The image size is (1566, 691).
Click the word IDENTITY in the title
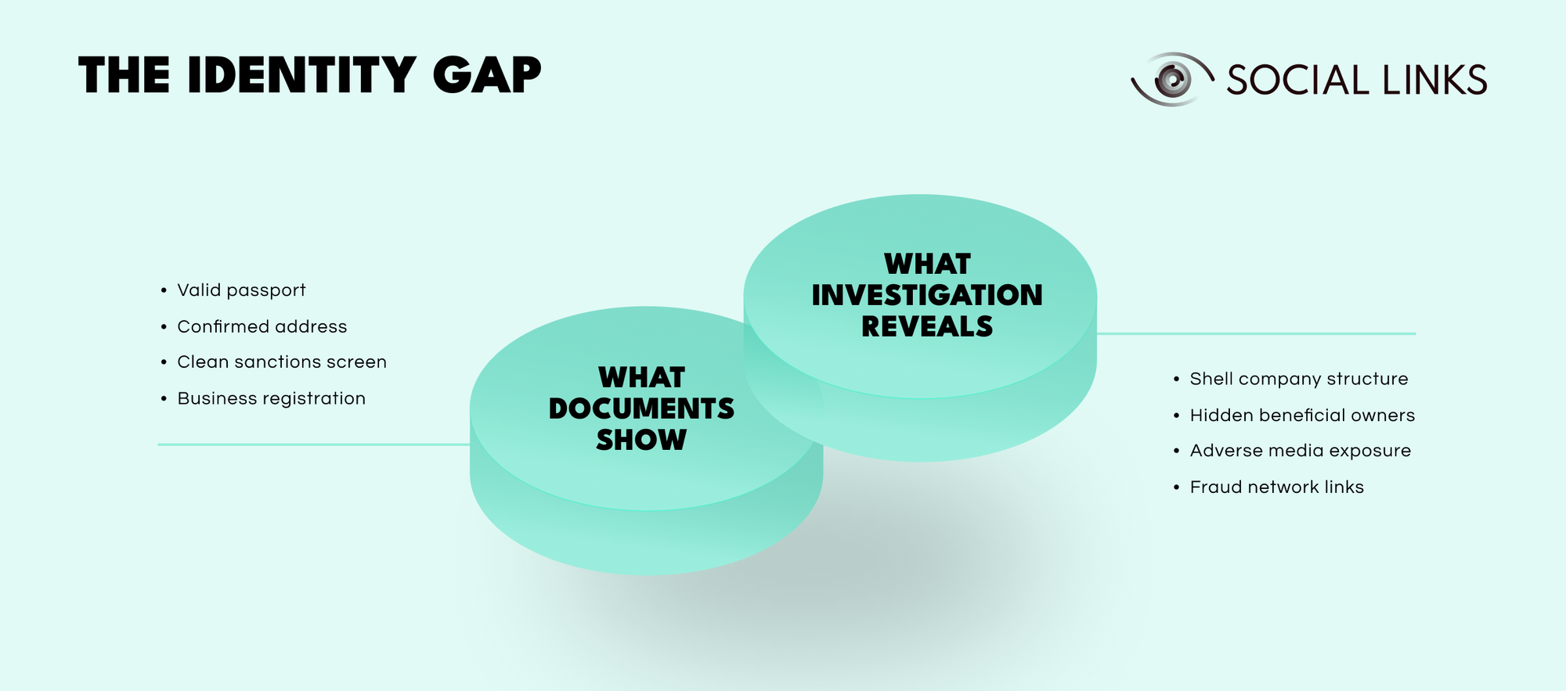[301, 76]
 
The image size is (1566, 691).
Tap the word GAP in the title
[486, 76]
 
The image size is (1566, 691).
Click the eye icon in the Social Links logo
[1171, 79]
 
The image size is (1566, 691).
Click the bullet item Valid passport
[241, 290]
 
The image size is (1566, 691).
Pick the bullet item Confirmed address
[262, 326]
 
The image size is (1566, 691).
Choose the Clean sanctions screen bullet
[282, 362]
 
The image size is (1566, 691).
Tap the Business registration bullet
[271, 398]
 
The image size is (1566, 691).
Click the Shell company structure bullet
[1298, 379]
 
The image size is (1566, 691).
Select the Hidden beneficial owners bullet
[1302, 415]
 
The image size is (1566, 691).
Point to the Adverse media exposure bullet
[1300, 451]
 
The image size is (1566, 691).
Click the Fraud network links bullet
[1276, 487]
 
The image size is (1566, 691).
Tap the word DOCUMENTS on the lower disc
[641, 408]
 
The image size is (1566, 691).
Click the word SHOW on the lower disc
[641, 440]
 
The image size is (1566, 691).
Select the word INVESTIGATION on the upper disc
[927, 295]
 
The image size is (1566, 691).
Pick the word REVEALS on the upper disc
[927, 326]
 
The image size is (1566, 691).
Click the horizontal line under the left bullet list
[313, 444]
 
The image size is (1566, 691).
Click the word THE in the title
[124, 76]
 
